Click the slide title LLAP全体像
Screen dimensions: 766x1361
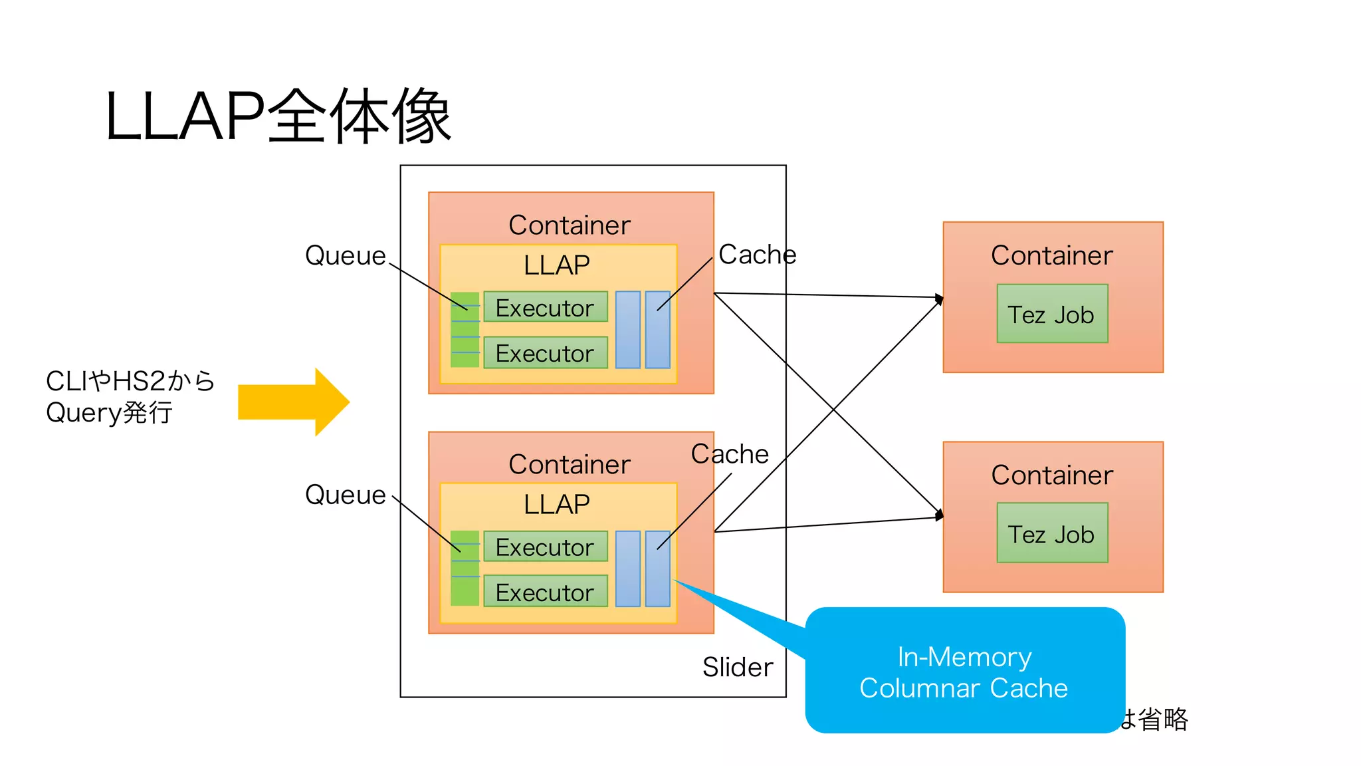(278, 117)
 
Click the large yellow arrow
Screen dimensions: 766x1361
(292, 402)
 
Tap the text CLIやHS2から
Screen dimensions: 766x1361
(130, 381)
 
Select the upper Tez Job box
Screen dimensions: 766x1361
(1052, 314)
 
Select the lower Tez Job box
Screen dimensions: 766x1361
(1052, 533)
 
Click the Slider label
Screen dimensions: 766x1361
(737, 667)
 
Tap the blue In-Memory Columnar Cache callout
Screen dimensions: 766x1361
(964, 672)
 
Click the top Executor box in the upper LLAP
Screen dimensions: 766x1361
(545, 307)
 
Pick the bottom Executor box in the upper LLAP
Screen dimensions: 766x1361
(545, 352)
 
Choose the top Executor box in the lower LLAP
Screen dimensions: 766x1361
(545, 547)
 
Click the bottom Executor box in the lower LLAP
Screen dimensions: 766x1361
(545, 592)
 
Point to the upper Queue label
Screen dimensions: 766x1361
(345, 255)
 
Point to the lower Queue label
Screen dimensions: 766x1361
(345, 495)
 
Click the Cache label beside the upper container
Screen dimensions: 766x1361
(757, 254)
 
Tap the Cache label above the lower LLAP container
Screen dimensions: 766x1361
(730, 453)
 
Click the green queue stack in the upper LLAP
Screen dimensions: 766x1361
(465, 330)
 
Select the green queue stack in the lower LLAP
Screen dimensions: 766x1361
(465, 569)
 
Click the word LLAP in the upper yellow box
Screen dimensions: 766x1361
(556, 265)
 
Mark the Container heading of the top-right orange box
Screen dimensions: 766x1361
(1052, 255)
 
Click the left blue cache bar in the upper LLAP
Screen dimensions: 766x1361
(627, 330)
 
